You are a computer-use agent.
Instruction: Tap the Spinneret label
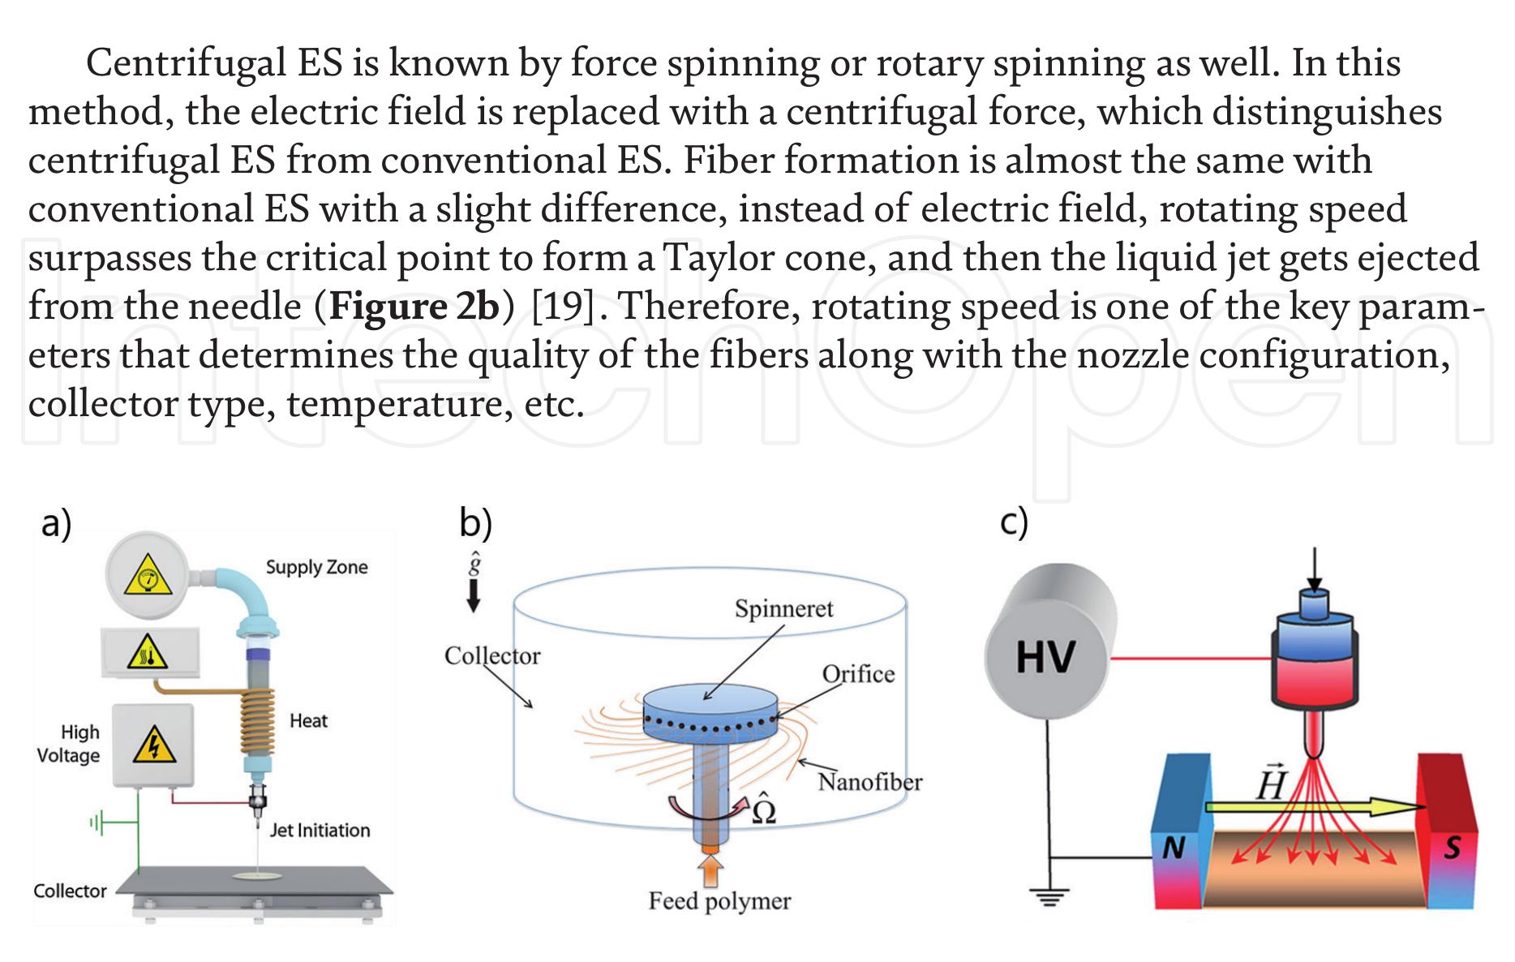click(783, 608)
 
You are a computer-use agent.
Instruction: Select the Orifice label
click(858, 674)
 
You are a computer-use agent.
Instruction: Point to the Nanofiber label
click(869, 782)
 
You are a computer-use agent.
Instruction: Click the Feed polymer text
click(719, 901)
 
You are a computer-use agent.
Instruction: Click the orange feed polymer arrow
click(710, 871)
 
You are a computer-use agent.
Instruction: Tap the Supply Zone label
click(316, 567)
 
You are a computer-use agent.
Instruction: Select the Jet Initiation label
click(320, 830)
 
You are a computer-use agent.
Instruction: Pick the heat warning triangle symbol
click(148, 653)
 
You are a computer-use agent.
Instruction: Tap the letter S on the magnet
click(1451, 848)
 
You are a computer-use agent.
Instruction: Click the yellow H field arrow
click(1314, 808)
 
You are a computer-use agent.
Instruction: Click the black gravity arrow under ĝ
click(474, 596)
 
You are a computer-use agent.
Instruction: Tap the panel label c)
click(1014, 522)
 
